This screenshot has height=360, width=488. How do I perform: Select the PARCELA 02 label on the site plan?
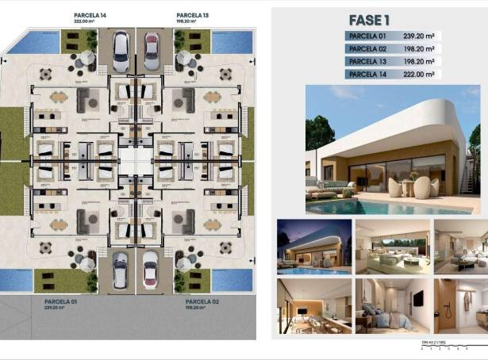(x=201, y=302)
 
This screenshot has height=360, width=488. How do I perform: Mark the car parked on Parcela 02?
(x=150, y=270)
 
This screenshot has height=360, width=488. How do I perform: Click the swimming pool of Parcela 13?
(x=232, y=42)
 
